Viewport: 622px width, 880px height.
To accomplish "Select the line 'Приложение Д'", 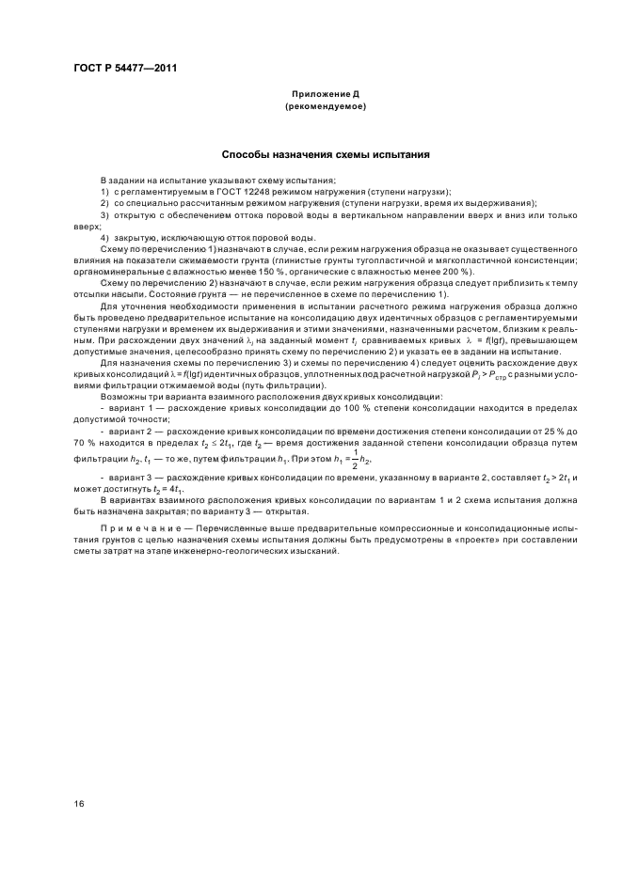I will pyautogui.click(x=325, y=95).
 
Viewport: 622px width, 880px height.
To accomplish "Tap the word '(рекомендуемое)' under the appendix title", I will pyautogui.click(x=325, y=107).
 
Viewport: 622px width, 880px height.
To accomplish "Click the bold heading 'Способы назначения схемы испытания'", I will pyautogui.click(x=326, y=153).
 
